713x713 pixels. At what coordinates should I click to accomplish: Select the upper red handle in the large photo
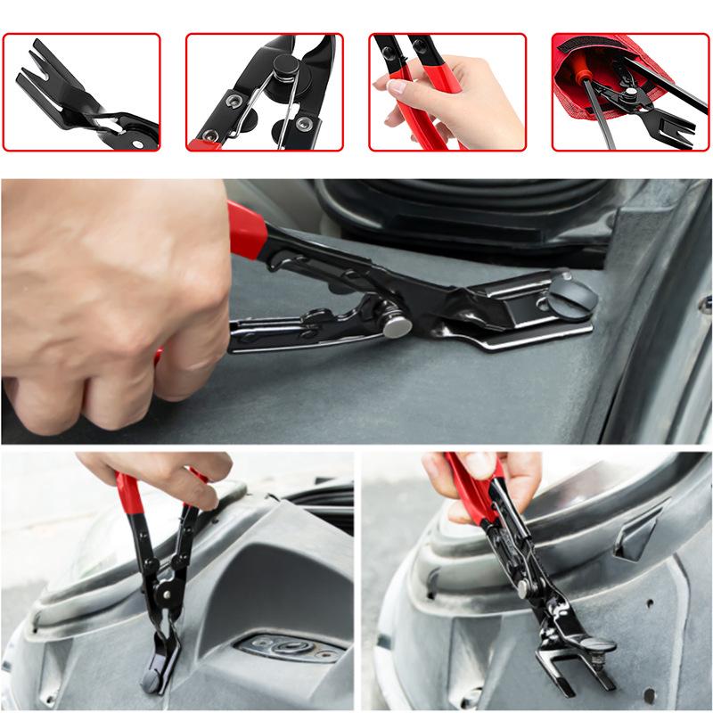pos(245,230)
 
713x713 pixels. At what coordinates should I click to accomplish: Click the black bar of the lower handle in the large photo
pos(294,334)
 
